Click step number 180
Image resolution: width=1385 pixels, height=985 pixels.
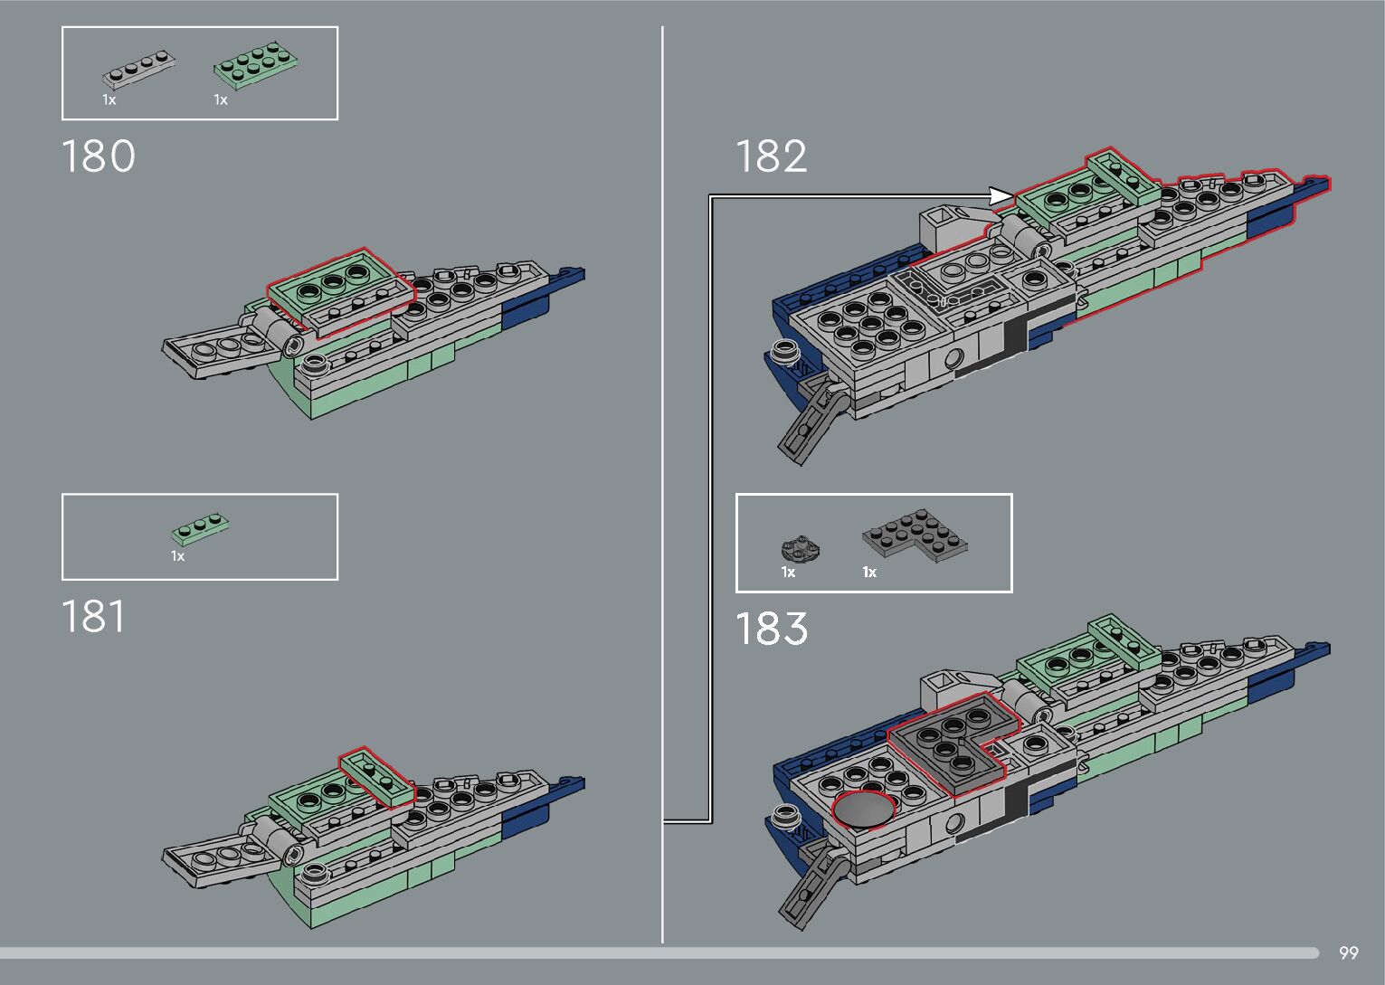tap(98, 156)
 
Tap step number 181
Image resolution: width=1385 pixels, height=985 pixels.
tap(93, 618)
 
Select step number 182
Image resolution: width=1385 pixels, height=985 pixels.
tap(771, 156)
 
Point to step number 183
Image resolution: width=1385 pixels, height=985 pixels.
tap(771, 629)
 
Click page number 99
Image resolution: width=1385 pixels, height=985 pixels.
tap(1348, 952)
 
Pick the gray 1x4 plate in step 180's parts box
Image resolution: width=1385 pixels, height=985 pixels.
tap(138, 69)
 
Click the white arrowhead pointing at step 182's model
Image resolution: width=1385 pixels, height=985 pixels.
tap(1001, 195)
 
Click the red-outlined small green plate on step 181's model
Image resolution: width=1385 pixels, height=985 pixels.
tap(377, 775)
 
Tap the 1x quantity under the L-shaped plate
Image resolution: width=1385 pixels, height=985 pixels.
tap(869, 572)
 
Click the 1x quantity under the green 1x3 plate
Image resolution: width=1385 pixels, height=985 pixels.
tap(177, 556)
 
